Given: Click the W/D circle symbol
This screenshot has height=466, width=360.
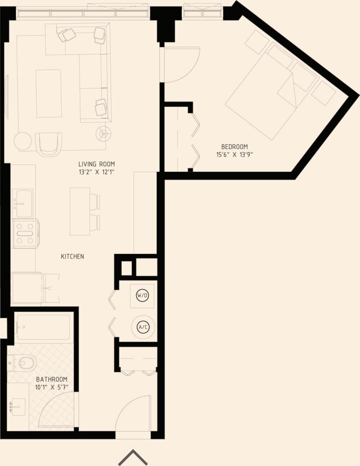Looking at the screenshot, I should point(142,295).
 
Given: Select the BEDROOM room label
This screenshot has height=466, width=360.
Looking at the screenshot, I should point(234,147).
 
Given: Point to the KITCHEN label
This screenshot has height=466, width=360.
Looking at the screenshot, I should point(72,257).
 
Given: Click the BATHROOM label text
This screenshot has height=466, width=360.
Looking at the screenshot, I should point(52,379).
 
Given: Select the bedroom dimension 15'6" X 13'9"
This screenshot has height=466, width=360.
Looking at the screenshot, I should point(234,155).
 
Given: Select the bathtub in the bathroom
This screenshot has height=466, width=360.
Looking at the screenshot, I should point(44,327).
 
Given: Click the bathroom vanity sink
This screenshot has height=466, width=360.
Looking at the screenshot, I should point(18,407).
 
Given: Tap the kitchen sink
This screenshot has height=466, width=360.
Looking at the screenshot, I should point(23,203).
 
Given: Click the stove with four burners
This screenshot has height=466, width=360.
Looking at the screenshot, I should point(25,233).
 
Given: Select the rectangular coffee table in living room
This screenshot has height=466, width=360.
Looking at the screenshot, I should point(49,93).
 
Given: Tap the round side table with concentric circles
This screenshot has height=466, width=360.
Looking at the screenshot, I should point(103,134).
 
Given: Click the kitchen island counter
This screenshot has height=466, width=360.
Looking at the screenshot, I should point(80,211).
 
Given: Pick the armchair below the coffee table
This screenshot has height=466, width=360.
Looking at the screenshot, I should point(48,144).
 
